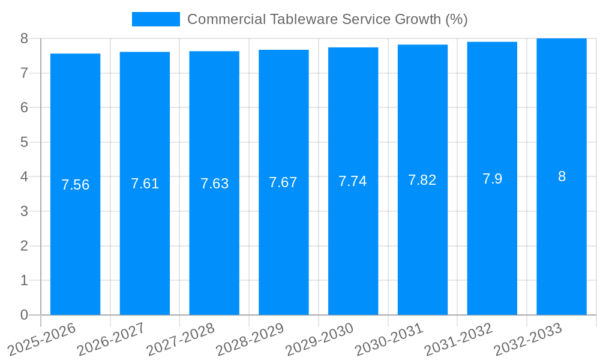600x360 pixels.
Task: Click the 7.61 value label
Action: click(145, 184)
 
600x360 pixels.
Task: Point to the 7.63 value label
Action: click(214, 184)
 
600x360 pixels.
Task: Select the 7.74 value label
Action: click(353, 181)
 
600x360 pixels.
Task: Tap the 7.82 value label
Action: click(422, 180)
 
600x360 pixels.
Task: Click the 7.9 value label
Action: click(492, 179)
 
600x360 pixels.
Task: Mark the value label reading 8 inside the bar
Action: click(562, 176)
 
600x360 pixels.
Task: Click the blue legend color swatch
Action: click(155, 19)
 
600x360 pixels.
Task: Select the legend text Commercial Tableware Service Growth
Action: click(327, 19)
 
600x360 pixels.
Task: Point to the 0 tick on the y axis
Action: click(24, 315)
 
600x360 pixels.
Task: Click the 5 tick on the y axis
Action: click(24, 142)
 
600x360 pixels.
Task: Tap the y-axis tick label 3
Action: click(24, 211)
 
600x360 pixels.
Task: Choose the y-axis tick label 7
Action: click(24, 73)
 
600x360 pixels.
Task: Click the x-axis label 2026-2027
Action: click(112, 340)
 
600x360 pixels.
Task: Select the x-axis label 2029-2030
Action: click(320, 340)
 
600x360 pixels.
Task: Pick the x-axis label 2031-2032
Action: click(459, 340)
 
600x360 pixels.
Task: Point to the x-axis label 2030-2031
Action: click(389, 340)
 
